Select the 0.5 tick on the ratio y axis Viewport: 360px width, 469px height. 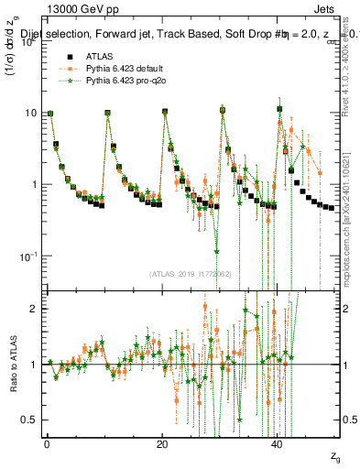click(x=30, y=420)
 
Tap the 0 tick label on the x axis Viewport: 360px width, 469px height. click(x=47, y=443)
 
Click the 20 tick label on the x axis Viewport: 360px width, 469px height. click(x=162, y=443)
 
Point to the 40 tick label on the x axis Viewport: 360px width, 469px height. click(x=278, y=443)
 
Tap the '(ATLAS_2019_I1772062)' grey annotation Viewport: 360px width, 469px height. click(x=190, y=273)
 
